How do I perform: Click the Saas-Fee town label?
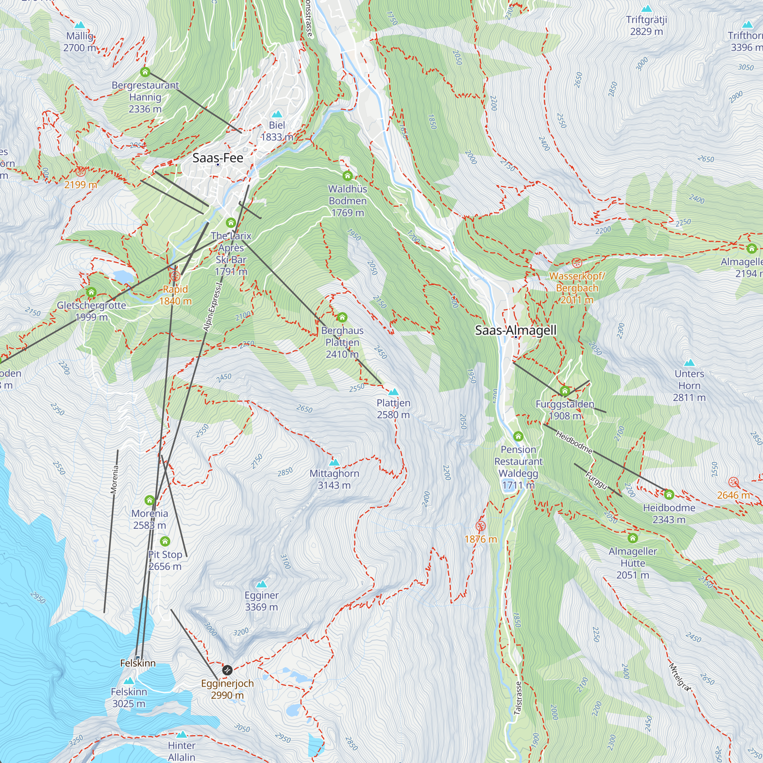217,158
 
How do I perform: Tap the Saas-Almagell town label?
515,330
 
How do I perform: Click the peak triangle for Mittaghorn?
334,462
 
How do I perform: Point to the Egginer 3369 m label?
261,601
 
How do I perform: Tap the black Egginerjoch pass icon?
227,670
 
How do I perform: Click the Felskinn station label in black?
138,663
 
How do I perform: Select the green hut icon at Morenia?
149,501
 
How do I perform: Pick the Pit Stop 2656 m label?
165,560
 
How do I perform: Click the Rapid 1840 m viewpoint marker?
175,276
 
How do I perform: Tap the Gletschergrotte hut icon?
91,292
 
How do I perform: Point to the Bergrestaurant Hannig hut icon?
145,72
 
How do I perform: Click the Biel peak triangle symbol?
277,114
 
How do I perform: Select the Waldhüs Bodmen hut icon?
348,175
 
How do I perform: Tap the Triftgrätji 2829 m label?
647,25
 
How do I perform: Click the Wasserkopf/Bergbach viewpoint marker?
577,262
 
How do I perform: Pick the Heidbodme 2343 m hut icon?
669,494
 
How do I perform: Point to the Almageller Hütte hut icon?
633,538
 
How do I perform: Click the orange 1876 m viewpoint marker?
480,526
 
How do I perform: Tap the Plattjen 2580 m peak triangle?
393,392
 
